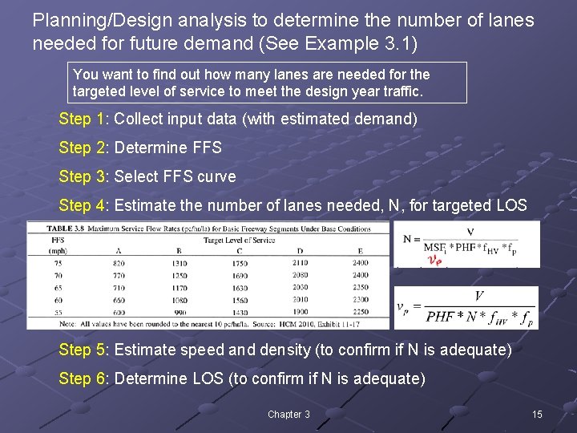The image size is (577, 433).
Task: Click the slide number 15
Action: (x=537, y=414)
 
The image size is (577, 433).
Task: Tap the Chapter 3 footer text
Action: (x=288, y=414)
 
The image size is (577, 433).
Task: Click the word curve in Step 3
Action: (x=217, y=176)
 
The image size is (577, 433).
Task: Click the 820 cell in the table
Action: (x=119, y=263)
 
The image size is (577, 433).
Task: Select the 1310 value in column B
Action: (x=179, y=263)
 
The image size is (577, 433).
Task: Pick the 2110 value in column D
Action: (x=300, y=263)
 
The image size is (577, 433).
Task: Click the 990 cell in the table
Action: (x=179, y=311)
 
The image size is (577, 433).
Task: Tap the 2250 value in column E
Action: (x=361, y=311)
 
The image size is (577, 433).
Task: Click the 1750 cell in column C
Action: (x=239, y=263)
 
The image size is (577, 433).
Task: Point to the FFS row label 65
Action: (x=57, y=287)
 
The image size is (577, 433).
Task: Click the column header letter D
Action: (x=300, y=251)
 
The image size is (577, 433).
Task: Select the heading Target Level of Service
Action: (x=240, y=239)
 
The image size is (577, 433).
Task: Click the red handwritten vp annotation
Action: (x=434, y=261)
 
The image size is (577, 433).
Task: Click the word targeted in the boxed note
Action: (x=99, y=91)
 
